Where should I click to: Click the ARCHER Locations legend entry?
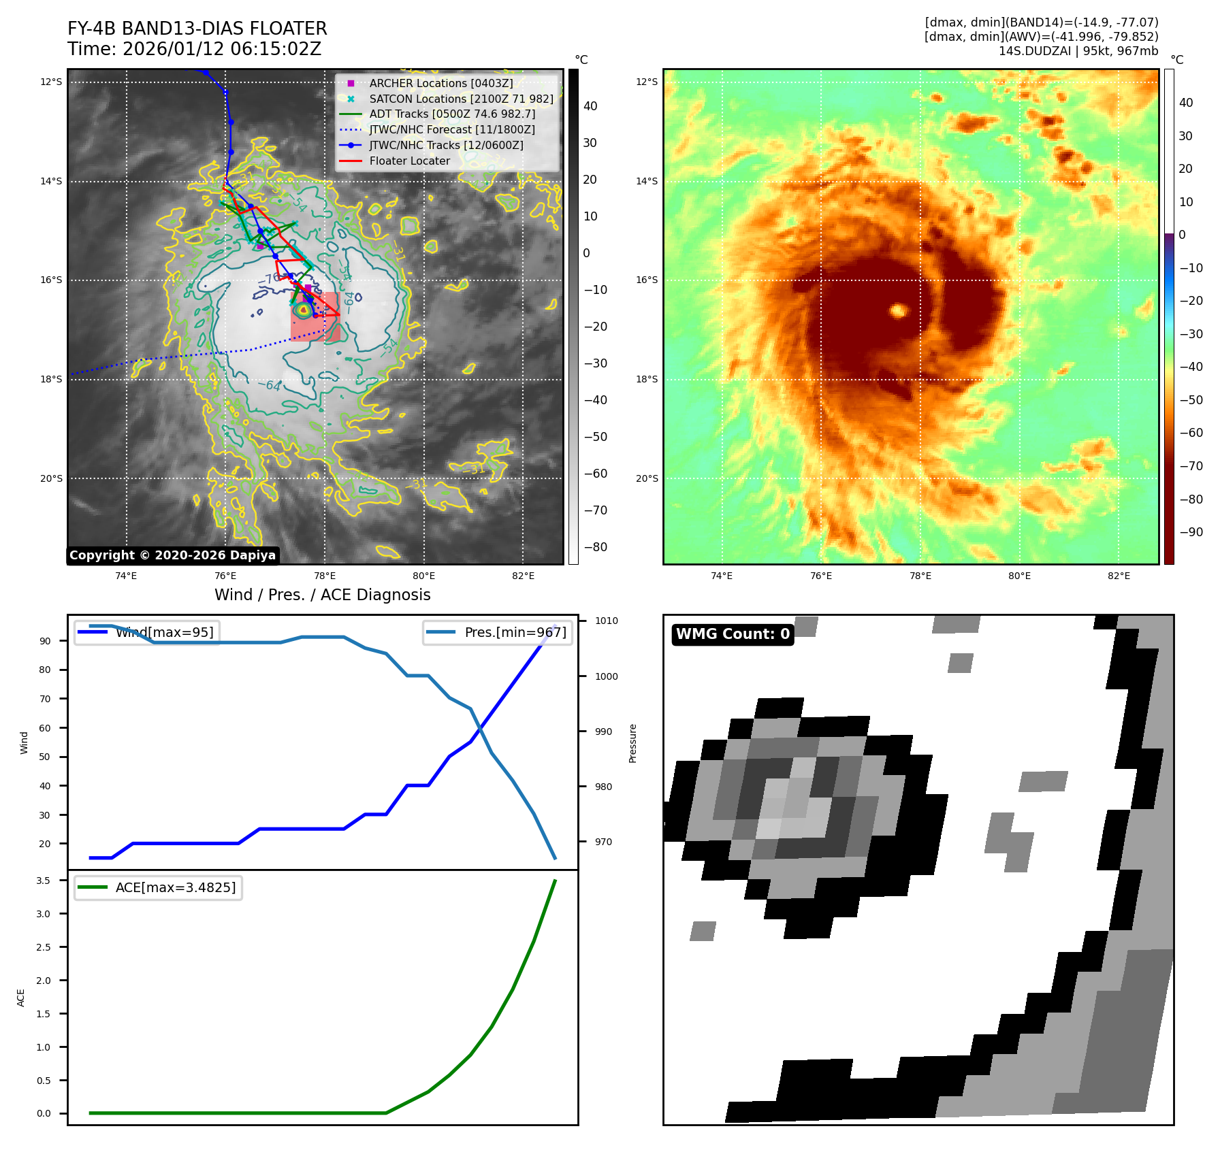pos(440,83)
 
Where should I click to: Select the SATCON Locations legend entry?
pos(460,99)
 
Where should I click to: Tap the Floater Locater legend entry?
pos(409,161)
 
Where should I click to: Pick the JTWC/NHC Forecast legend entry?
pos(451,130)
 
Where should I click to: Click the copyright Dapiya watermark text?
pos(172,555)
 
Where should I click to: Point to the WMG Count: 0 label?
pos(733,634)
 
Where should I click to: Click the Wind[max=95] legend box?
pos(147,632)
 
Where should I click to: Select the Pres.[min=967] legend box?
pos(497,632)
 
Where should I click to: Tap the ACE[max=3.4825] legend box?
pos(158,887)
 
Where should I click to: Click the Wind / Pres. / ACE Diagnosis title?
pos(322,595)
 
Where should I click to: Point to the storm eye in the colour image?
pos(899,311)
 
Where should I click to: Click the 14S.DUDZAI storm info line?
pos(1078,51)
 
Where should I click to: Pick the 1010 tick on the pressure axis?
pos(606,621)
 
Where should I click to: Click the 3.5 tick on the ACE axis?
pos(44,881)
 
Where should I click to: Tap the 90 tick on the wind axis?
pos(45,641)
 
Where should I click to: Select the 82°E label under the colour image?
pos(1119,576)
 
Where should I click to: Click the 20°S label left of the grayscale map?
pos(51,478)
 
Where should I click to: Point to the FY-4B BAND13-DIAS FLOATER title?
pos(197,29)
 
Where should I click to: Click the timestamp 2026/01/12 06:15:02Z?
pos(222,49)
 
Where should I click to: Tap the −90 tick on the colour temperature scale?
pos(1191,532)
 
